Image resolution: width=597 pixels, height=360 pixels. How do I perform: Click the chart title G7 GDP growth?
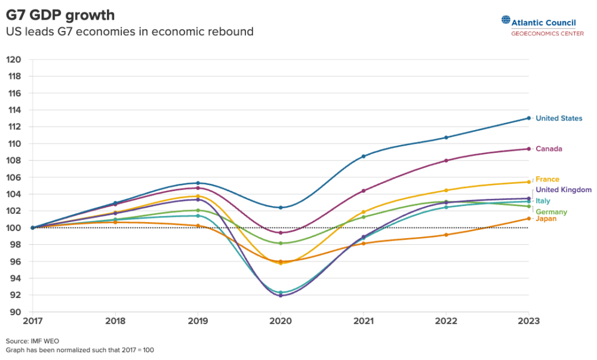coord(60,15)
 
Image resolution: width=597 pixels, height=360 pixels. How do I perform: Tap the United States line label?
coord(558,118)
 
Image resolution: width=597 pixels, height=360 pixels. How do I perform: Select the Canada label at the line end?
coord(549,149)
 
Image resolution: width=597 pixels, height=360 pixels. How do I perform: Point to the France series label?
coord(547,179)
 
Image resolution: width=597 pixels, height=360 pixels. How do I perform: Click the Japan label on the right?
coord(546,219)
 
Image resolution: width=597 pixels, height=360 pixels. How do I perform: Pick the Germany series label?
coord(551,212)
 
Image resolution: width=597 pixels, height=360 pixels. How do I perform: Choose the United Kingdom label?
coord(563,190)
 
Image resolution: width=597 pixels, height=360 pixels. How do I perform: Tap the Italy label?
coord(543,201)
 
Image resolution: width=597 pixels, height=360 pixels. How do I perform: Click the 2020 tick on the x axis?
coord(281,321)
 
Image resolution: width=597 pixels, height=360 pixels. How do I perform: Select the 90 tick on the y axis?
coord(16,312)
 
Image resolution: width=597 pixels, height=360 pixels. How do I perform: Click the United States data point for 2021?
coord(364,156)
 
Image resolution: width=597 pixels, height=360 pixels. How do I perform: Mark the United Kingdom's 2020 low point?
coord(281,296)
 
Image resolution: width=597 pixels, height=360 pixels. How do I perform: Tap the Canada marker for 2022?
coord(446,161)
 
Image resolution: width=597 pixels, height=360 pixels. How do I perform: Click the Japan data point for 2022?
coord(446,235)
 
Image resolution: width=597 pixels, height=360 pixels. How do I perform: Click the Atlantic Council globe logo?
coord(506,21)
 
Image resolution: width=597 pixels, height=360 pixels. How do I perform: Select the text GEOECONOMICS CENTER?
coord(547,33)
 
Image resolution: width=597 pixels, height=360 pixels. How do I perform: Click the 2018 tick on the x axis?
coord(115,321)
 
